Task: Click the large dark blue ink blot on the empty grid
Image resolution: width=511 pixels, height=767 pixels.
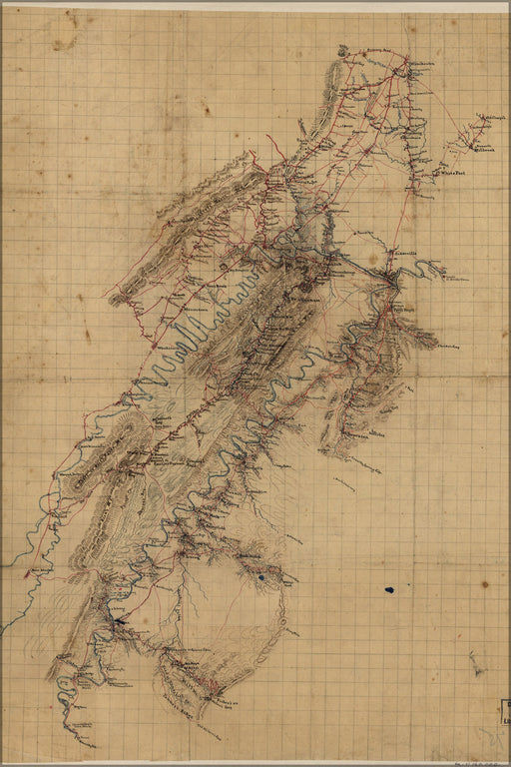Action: tap(388, 589)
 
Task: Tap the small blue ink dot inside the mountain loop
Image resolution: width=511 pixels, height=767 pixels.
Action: tap(260, 576)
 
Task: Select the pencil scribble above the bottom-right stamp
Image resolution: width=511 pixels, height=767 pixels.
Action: tap(477, 664)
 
